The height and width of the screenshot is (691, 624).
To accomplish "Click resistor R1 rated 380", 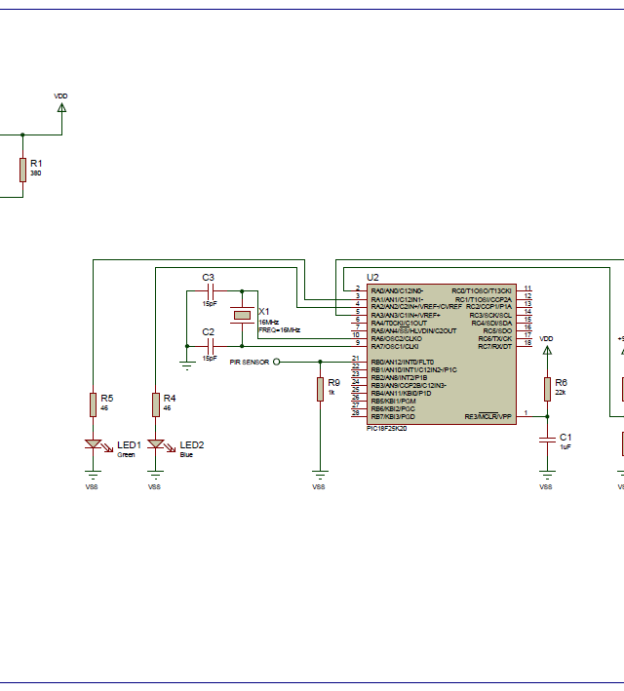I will (22, 170).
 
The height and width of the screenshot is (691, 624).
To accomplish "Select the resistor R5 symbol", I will (93, 403).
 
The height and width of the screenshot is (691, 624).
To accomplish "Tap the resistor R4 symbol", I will (155, 403).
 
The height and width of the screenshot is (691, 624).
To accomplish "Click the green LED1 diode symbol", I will (93, 445).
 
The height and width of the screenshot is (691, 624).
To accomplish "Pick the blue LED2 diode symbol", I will (155, 445).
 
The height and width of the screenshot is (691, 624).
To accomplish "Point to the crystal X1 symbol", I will (242, 315).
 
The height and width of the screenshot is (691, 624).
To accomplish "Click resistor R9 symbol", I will (319, 389).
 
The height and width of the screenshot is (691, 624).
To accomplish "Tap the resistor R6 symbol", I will (547, 388).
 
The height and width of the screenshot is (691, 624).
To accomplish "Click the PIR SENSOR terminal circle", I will (276, 362).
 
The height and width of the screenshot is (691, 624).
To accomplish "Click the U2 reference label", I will (372, 278).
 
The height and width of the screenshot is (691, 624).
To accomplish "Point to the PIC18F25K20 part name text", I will (387, 428).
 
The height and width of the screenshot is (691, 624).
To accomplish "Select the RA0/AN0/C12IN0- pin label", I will (397, 290).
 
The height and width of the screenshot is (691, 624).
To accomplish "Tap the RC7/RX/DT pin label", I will (494, 346).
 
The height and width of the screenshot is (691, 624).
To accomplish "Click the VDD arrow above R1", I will (61, 106).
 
